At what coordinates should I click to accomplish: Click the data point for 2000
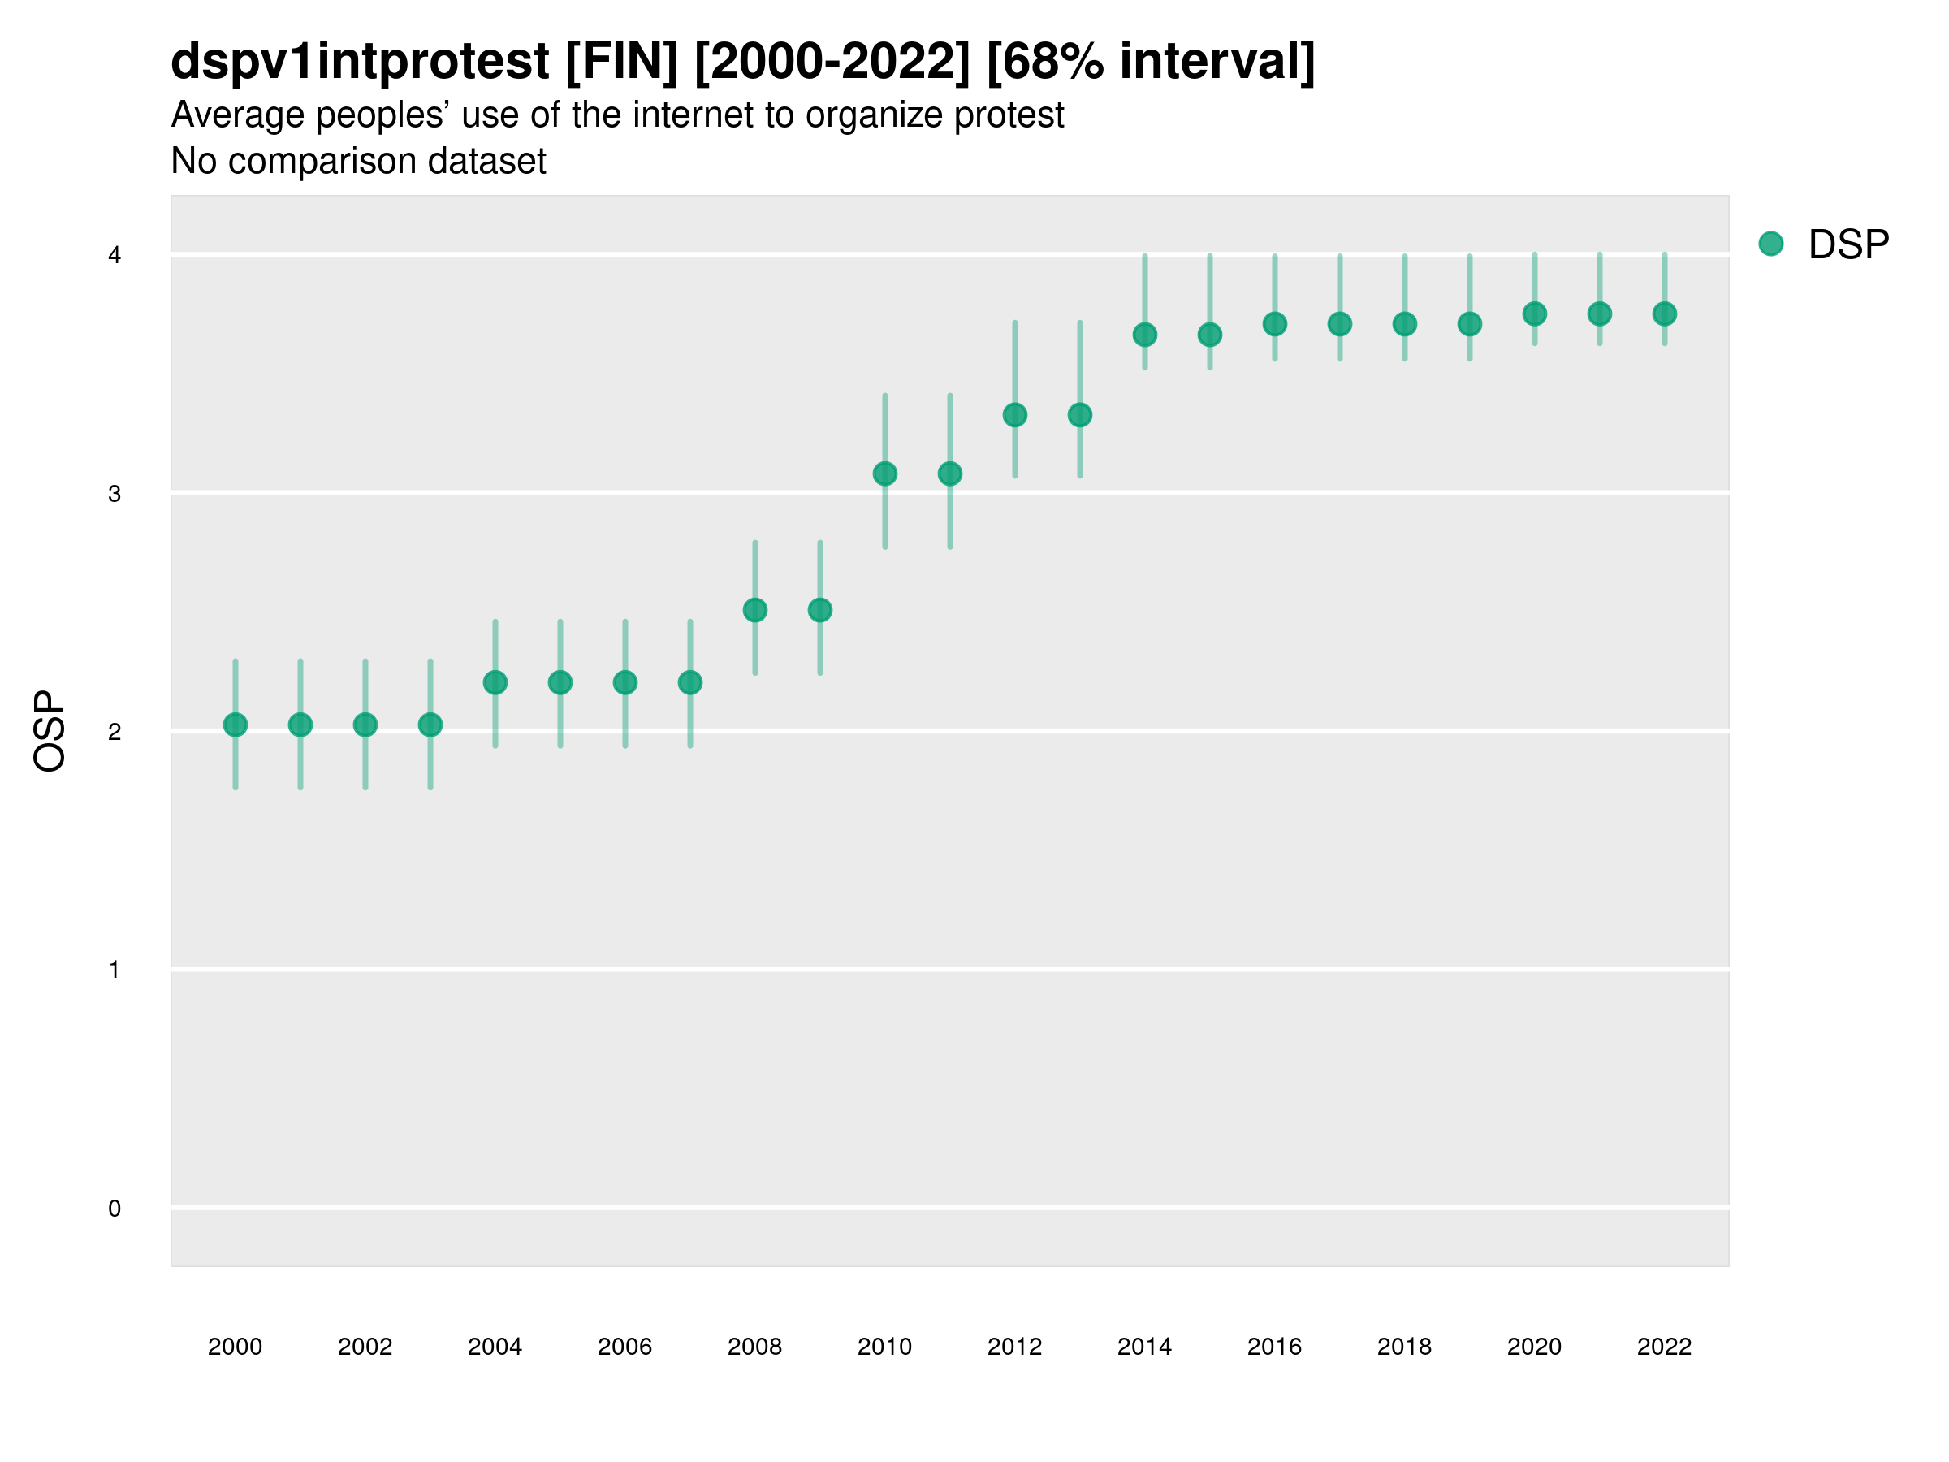[x=236, y=725]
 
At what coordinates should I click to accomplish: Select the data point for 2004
[x=495, y=682]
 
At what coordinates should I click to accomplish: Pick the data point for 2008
[x=755, y=610]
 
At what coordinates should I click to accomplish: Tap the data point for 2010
[x=884, y=474]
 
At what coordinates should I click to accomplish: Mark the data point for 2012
[x=1015, y=415]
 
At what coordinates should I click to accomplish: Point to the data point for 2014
[x=1144, y=335]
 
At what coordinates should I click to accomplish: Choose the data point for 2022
[x=1665, y=314]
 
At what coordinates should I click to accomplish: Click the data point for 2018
[x=1404, y=324]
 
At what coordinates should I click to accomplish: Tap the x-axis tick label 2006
[x=624, y=1347]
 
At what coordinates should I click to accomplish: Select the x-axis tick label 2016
[x=1274, y=1347]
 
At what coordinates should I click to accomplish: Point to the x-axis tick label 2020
[x=1534, y=1347]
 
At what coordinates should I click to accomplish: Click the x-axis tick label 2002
[x=365, y=1347]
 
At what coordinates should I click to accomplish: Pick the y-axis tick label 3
[x=115, y=494]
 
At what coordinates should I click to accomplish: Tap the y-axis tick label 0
[x=115, y=1209]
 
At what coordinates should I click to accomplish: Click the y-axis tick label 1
[x=115, y=971]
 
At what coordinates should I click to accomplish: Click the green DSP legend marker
[x=1771, y=244]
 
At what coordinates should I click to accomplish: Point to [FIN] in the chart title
[x=621, y=62]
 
